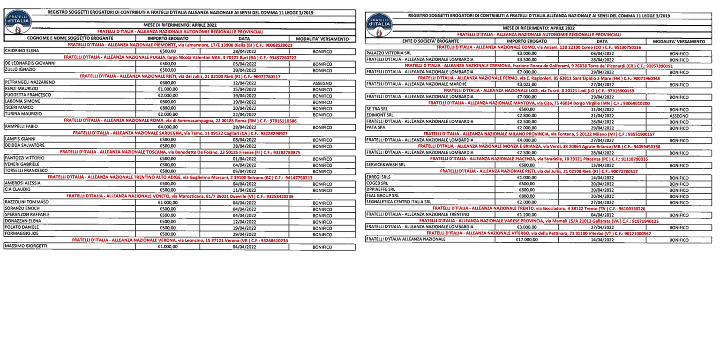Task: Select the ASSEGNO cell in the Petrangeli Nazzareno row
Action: pyautogui.click(x=322, y=82)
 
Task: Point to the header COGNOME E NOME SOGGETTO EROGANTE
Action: pyautogui.click(x=69, y=38)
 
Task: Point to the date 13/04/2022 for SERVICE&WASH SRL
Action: pyautogui.click(x=602, y=165)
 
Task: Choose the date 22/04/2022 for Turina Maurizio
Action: pyautogui.click(x=244, y=114)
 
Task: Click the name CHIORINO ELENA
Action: pyautogui.click(x=22, y=50)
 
